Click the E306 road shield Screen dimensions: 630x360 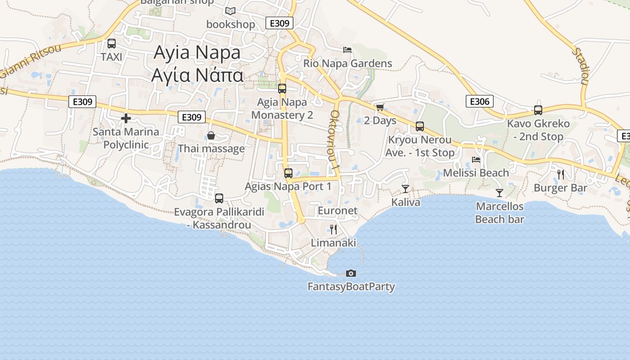(479, 101)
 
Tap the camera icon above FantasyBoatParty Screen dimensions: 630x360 (351, 273)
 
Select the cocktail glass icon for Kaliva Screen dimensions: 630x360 (405, 189)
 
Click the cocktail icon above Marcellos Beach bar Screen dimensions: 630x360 (499, 193)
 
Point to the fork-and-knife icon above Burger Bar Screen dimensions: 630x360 (561, 175)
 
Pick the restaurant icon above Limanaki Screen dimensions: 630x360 (333, 229)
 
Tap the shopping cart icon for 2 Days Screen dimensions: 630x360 (380, 107)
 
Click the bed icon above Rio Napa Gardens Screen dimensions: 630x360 (347, 49)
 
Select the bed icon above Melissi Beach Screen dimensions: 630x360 (476, 159)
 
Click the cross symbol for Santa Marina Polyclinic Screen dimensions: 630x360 (126, 118)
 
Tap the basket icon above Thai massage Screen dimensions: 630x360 (211, 135)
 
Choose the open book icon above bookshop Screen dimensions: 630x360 (230, 11)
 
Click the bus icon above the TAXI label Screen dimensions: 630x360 (112, 44)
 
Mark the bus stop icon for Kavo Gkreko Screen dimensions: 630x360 (538, 110)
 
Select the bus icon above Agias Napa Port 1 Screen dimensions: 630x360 (288, 173)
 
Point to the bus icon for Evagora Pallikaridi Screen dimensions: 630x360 (219, 198)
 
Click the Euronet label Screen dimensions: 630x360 (337, 211)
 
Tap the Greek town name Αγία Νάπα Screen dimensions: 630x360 (197, 75)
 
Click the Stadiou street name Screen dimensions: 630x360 (580, 66)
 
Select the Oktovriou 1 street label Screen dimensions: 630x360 (335, 140)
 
